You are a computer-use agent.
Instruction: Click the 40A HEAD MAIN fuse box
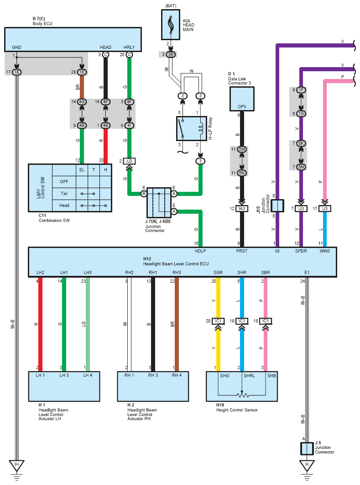170,24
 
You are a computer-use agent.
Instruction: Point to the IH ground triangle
16,465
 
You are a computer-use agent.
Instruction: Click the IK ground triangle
307,465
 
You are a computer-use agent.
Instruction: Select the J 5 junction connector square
307,448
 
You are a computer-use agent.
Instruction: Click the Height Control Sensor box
241,386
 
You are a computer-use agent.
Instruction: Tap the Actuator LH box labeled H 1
64,386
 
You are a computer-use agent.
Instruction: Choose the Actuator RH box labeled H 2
153,386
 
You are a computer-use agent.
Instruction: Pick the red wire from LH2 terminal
40,324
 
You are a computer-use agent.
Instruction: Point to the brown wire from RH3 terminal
177,324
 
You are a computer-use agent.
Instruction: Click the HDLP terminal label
200,251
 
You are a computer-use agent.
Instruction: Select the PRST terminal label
242,251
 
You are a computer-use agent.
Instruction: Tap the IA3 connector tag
242,209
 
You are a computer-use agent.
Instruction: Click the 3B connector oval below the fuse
170,54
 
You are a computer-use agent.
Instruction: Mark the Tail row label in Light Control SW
64,193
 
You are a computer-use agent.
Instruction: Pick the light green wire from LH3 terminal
88,324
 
